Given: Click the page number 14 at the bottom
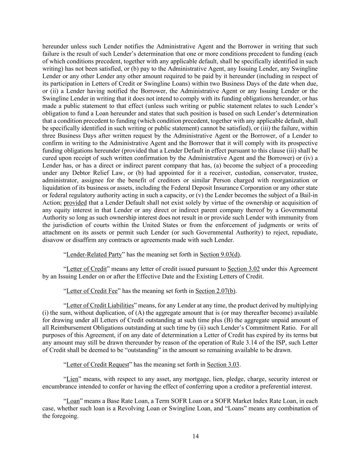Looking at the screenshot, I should [x=196, y=436].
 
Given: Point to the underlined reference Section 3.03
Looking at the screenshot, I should [x=223, y=365].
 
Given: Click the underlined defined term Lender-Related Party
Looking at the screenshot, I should [x=94, y=254].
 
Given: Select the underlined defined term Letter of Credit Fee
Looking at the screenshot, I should [x=92, y=291].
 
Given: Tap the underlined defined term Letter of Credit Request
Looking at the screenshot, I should [x=98, y=365].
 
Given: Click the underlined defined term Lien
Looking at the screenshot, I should [x=72, y=379].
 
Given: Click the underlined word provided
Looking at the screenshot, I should [x=75, y=203].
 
